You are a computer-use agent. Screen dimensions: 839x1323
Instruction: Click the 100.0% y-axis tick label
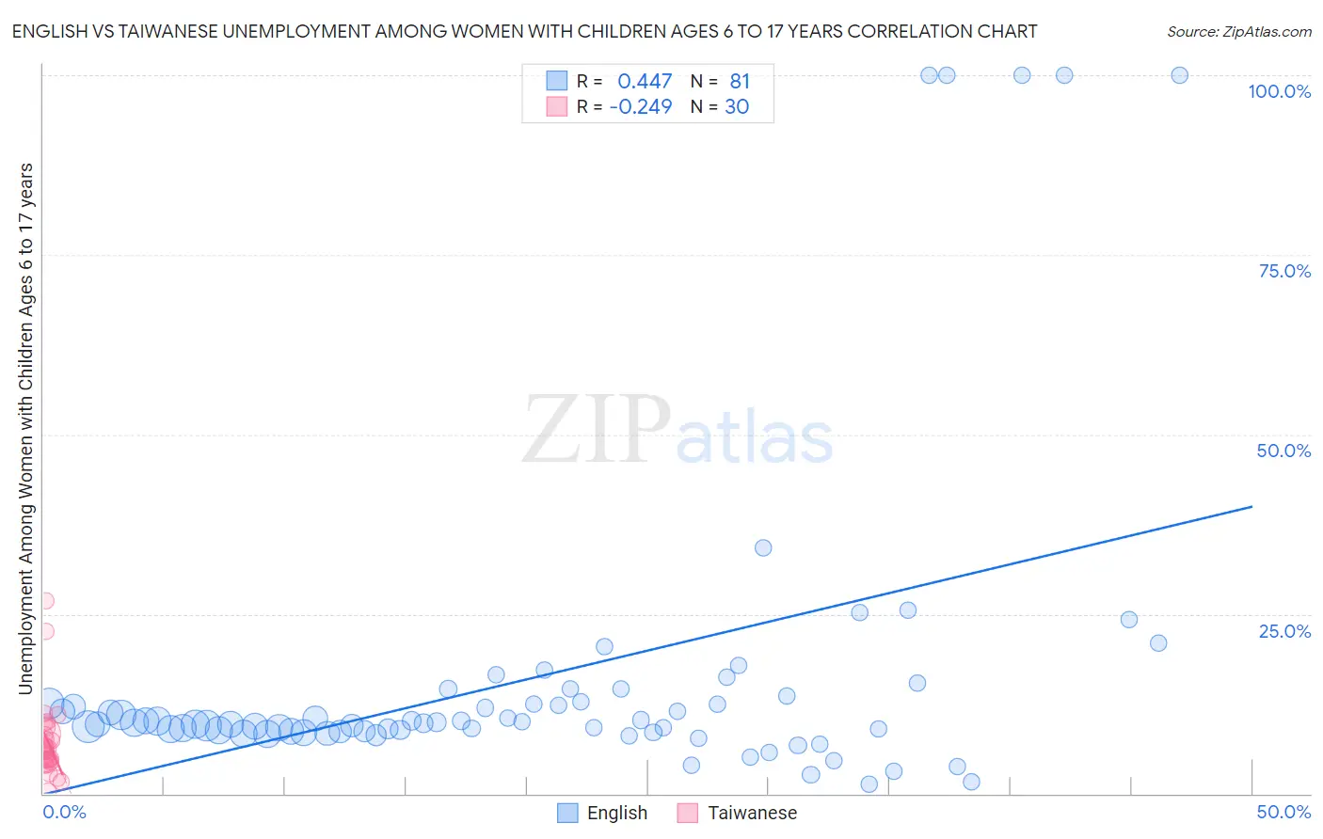1279,91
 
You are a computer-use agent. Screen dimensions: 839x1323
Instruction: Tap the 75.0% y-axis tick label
1284,271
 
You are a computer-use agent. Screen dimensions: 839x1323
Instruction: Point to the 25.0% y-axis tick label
1284,631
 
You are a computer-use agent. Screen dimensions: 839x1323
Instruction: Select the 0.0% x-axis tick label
65,812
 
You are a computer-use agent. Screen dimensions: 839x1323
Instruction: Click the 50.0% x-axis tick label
1283,812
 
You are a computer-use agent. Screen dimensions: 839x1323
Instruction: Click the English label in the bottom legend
616,813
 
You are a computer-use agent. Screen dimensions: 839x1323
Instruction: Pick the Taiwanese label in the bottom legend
752,813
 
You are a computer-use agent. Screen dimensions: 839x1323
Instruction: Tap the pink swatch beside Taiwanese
688,813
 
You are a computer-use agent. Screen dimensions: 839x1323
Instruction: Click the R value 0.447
645,82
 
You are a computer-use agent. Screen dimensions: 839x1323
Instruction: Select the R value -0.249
641,107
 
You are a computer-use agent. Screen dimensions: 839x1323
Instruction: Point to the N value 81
740,82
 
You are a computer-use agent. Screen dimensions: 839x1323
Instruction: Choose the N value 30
737,107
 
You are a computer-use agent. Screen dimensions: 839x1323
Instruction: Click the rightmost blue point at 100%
1179,75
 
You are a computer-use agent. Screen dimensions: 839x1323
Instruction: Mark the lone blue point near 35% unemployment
763,547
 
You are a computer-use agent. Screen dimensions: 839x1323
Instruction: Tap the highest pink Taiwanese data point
45,600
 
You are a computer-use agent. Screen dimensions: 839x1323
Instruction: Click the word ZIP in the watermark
596,430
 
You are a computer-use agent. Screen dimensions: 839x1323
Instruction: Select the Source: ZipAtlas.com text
1238,32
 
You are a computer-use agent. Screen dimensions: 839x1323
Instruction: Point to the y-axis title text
25,429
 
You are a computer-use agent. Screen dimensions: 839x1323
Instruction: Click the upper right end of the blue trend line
1251,506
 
